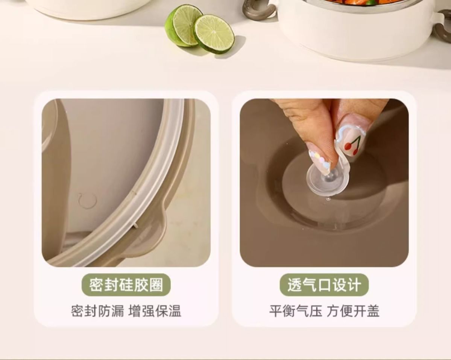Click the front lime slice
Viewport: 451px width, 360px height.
[214, 33]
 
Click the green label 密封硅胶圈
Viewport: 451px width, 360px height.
[126, 285]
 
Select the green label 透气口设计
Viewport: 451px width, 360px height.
[324, 285]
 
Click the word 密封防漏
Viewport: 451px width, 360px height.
[97, 311]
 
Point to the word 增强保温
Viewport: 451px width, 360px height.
[155, 311]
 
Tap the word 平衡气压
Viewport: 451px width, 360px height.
[296, 311]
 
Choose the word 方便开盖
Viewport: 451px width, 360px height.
[353, 311]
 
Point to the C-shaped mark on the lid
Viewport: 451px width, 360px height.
[87, 200]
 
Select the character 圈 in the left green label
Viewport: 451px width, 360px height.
[156, 285]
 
